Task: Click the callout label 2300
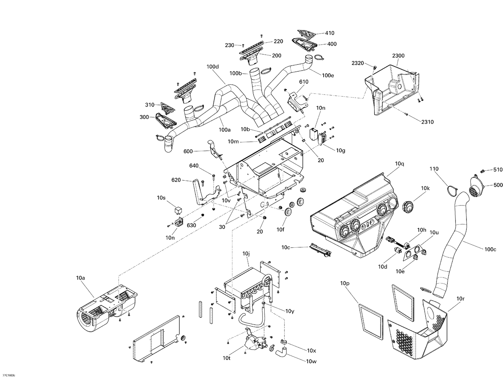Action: [398, 56]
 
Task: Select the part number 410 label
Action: [330, 33]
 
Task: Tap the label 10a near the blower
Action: [80, 278]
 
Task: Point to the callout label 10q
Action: [399, 164]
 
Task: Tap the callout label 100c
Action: [490, 249]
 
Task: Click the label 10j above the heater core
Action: [246, 254]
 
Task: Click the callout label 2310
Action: [427, 122]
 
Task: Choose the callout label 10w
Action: [311, 361]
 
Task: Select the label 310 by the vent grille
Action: [150, 105]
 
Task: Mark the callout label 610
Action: [303, 82]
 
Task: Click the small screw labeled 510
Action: [483, 171]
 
